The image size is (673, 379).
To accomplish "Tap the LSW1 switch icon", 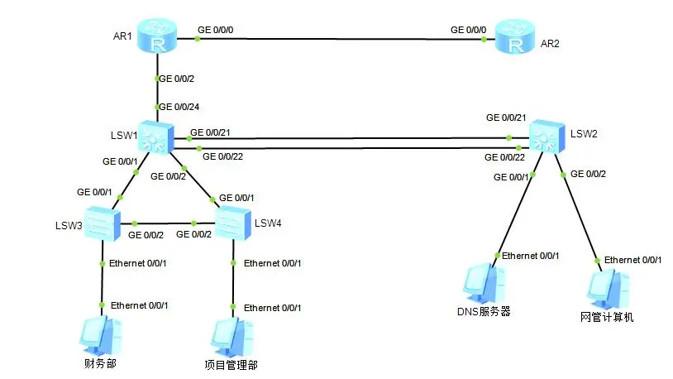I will [x=155, y=138].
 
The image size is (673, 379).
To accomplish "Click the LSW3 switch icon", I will [x=101, y=223].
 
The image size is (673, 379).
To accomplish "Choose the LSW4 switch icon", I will [x=232, y=223].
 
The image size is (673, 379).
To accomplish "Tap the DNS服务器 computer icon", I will [x=484, y=284].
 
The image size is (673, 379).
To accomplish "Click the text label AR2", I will [x=551, y=44].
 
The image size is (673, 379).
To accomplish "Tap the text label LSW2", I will [x=583, y=132].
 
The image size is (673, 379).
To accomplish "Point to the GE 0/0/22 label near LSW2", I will [x=503, y=157].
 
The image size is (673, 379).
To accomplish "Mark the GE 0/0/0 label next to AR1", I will [x=216, y=31].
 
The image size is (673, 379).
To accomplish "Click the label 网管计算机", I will [x=607, y=316].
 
